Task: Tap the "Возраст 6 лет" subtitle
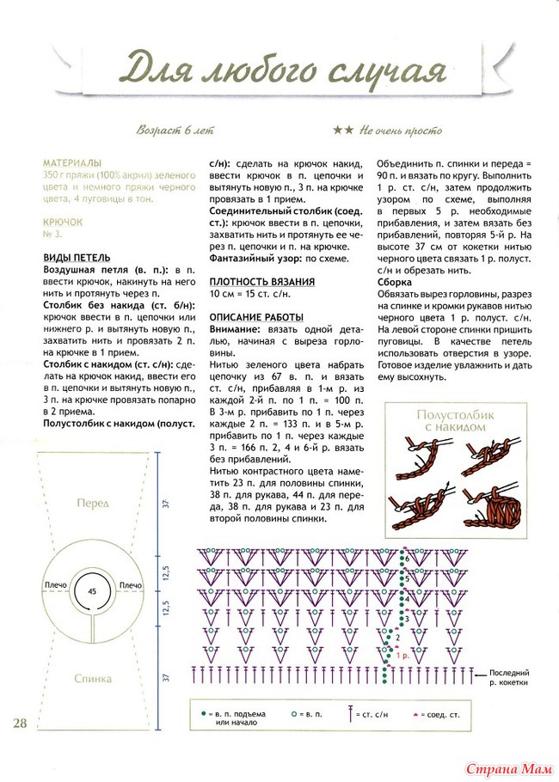click(x=175, y=131)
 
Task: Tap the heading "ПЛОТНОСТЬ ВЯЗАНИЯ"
click(x=262, y=281)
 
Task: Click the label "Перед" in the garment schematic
click(x=92, y=502)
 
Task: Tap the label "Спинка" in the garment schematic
click(x=92, y=678)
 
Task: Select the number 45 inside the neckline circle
click(x=92, y=591)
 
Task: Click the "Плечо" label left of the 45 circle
click(x=54, y=585)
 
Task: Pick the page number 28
click(x=20, y=722)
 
